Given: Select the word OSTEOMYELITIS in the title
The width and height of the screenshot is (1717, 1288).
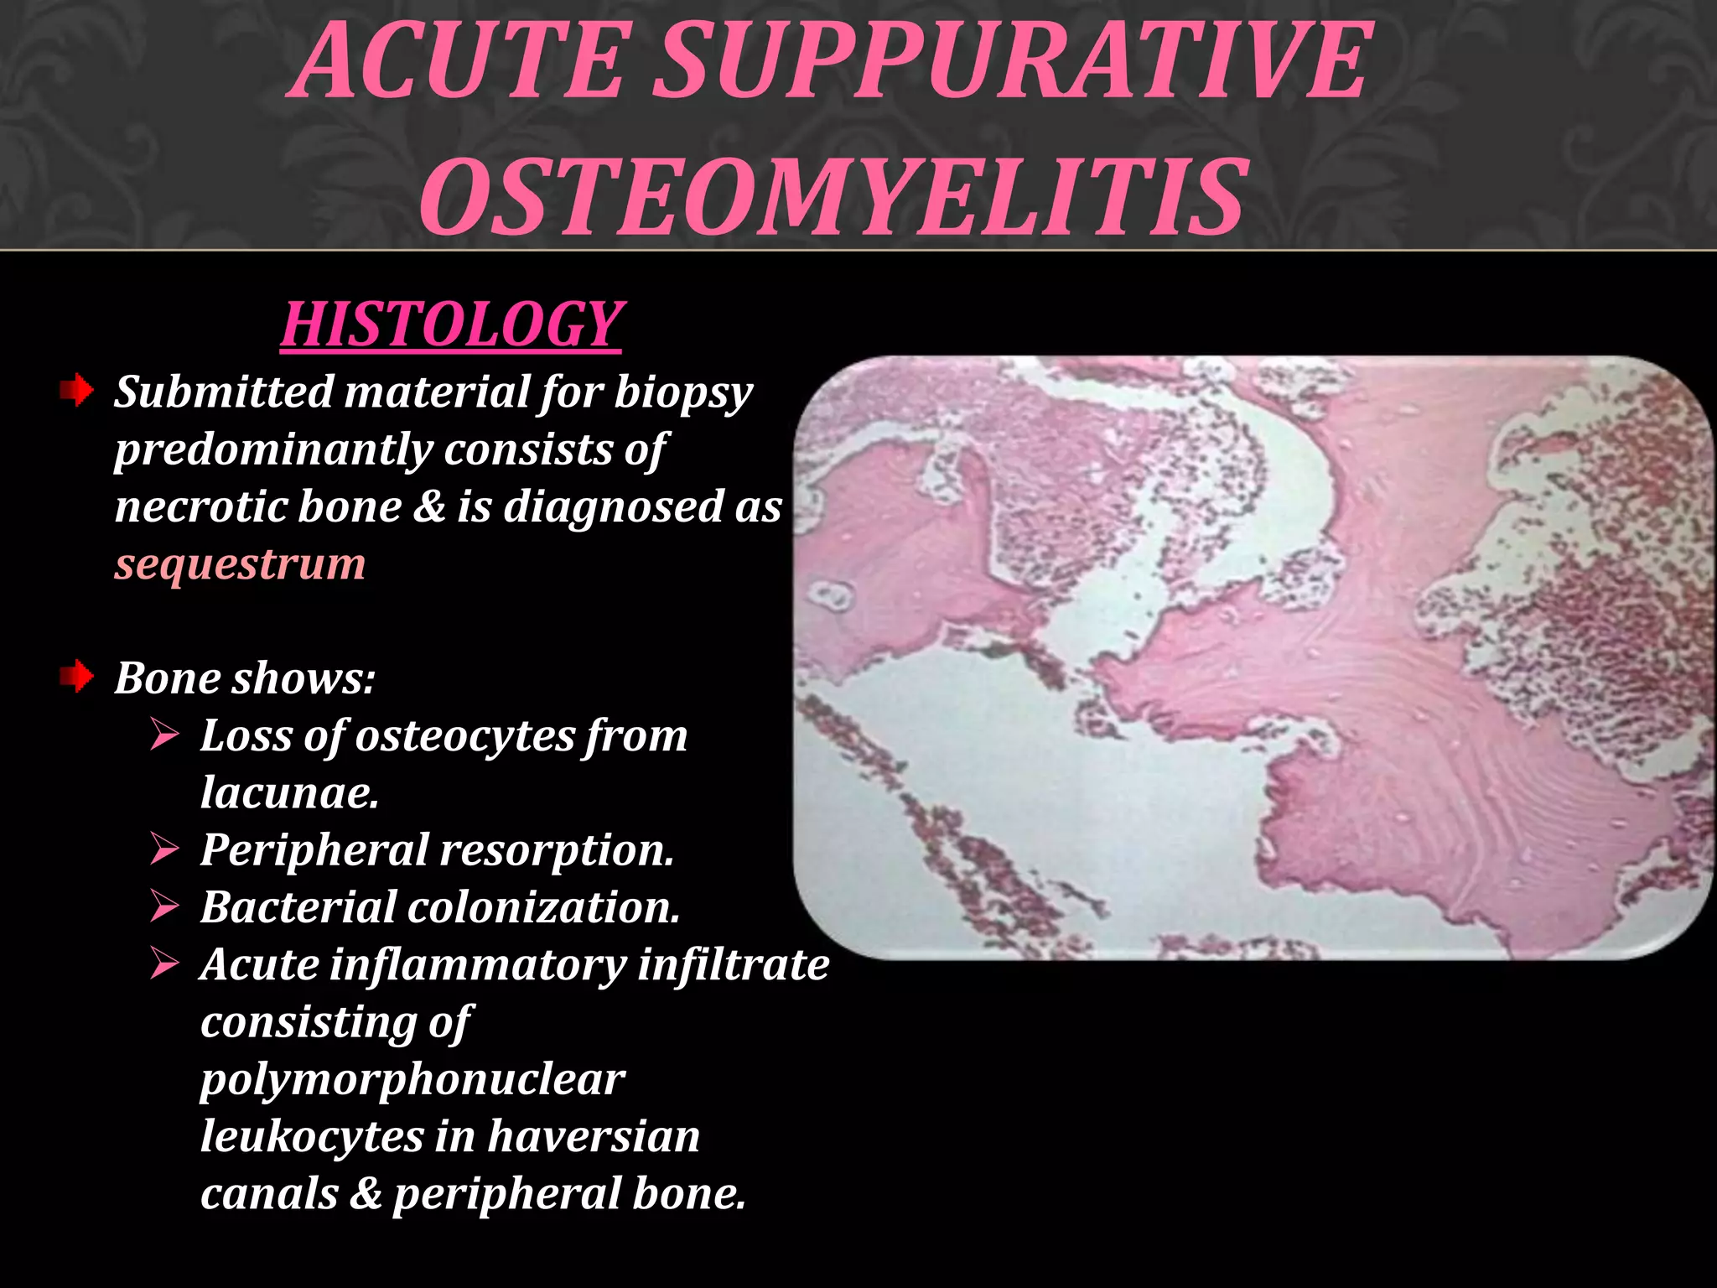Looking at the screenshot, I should pyautogui.click(x=833, y=197).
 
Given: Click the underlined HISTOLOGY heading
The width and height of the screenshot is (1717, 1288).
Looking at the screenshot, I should pyautogui.click(x=452, y=325).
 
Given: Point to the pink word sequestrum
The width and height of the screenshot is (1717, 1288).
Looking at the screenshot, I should pyautogui.click(x=240, y=563).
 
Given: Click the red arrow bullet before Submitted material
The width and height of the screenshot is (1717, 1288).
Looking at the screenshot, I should pyautogui.click(x=76, y=391).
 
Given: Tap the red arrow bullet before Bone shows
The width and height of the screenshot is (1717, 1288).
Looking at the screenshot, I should pyautogui.click(x=76, y=677).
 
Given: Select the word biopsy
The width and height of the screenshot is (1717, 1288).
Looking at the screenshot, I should pyautogui.click(x=683, y=393).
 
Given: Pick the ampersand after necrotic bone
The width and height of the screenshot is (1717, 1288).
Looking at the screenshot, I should pyautogui.click(x=428, y=506).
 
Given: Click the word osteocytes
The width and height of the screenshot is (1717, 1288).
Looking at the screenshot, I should pyautogui.click(x=464, y=735).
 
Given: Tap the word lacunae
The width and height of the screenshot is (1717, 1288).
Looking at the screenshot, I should pyautogui.click(x=289, y=792).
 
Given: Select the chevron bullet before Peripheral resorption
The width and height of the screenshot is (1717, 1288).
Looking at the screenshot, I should pyautogui.click(x=165, y=849).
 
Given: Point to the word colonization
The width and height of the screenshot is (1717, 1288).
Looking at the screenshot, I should pyautogui.click(x=544, y=907).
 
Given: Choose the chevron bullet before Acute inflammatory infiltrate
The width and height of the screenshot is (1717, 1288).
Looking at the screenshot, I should pyautogui.click(x=165, y=964).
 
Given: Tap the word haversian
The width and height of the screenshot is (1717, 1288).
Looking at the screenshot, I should pyautogui.click(x=594, y=1136).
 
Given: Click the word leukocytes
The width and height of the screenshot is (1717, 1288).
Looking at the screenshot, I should pyautogui.click(x=312, y=1136).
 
